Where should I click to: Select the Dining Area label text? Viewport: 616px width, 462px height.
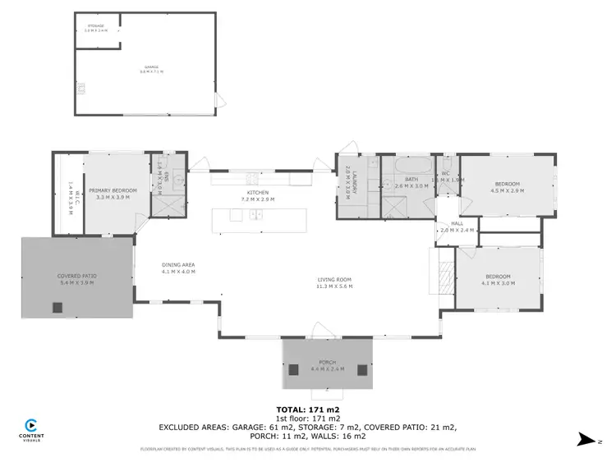click(x=177, y=264)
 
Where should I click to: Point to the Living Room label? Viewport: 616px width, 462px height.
click(x=334, y=281)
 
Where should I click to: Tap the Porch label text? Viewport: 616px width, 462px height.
click(x=328, y=362)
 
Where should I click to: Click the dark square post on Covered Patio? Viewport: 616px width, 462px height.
click(x=57, y=308)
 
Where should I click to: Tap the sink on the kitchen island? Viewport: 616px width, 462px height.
click(x=255, y=216)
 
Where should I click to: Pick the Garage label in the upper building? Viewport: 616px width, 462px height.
click(x=151, y=67)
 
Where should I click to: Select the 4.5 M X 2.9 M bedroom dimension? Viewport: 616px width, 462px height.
click(x=507, y=190)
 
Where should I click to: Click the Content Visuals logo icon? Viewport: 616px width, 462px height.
click(x=30, y=425)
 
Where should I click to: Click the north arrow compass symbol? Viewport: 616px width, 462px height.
click(x=584, y=439)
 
